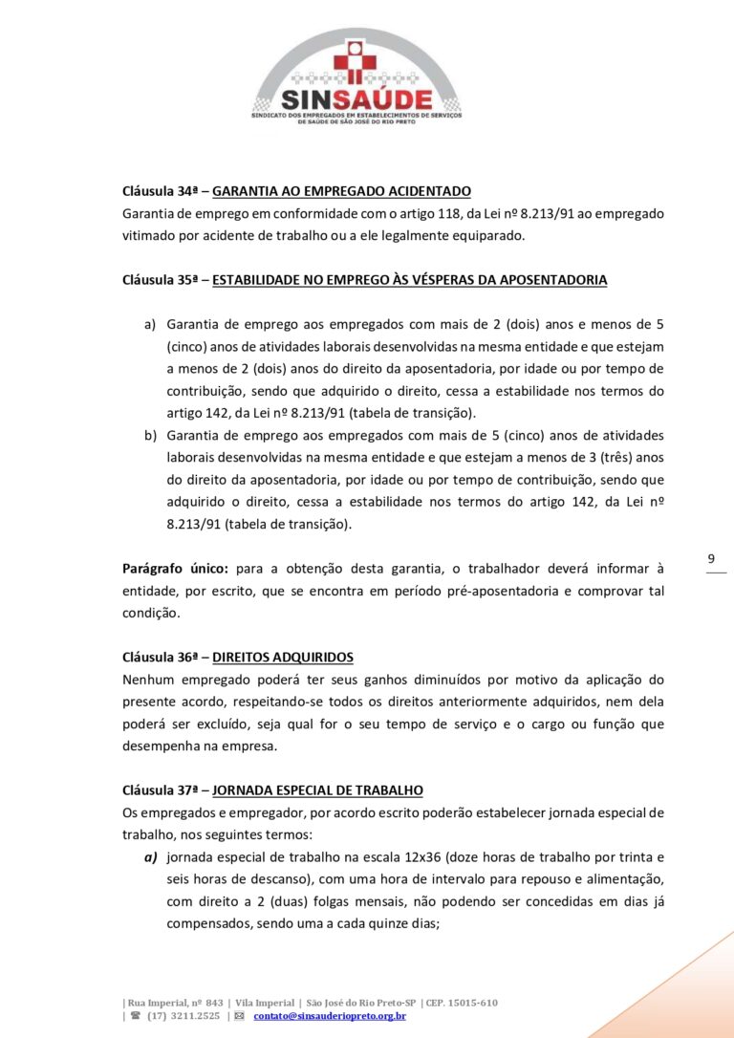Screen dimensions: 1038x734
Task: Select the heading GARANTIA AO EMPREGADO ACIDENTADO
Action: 341,191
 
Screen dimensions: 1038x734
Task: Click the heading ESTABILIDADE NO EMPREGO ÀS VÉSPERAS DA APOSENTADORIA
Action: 409,280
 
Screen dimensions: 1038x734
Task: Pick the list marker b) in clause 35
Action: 150,435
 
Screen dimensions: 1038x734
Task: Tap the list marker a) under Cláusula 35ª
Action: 150,324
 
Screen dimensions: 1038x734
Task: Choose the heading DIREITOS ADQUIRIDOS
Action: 282,657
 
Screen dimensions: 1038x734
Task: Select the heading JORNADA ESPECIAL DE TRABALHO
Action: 317,790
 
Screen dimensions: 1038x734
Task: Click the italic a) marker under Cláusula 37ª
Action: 150,857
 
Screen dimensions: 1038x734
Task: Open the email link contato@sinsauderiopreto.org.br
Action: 330,1015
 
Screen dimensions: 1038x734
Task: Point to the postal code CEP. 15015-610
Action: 462,1003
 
